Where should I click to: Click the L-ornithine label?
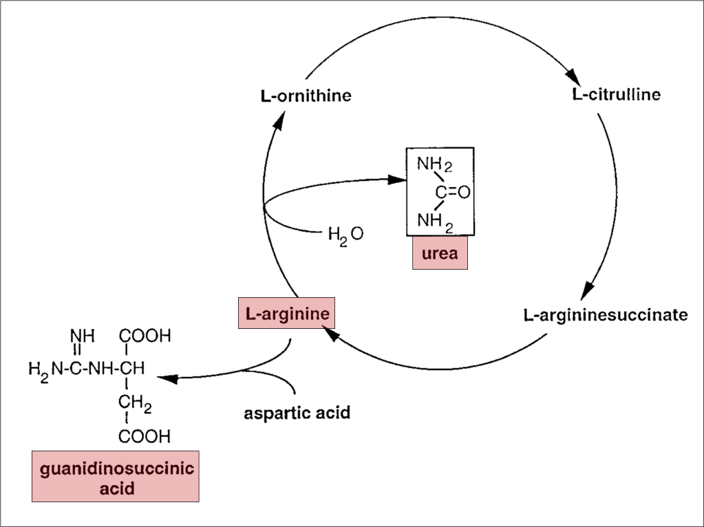click(306, 95)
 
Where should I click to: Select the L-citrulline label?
click(616, 94)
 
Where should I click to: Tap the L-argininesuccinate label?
click(605, 316)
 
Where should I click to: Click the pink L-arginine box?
click(286, 313)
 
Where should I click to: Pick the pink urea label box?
click(440, 253)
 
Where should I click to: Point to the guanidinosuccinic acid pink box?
click(115, 476)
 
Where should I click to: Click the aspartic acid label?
click(297, 413)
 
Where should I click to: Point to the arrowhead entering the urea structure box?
click(395, 180)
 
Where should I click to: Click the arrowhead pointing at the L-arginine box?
click(328, 334)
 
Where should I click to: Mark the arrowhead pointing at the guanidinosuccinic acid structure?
click(167, 378)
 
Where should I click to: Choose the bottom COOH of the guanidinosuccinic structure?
click(145, 436)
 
